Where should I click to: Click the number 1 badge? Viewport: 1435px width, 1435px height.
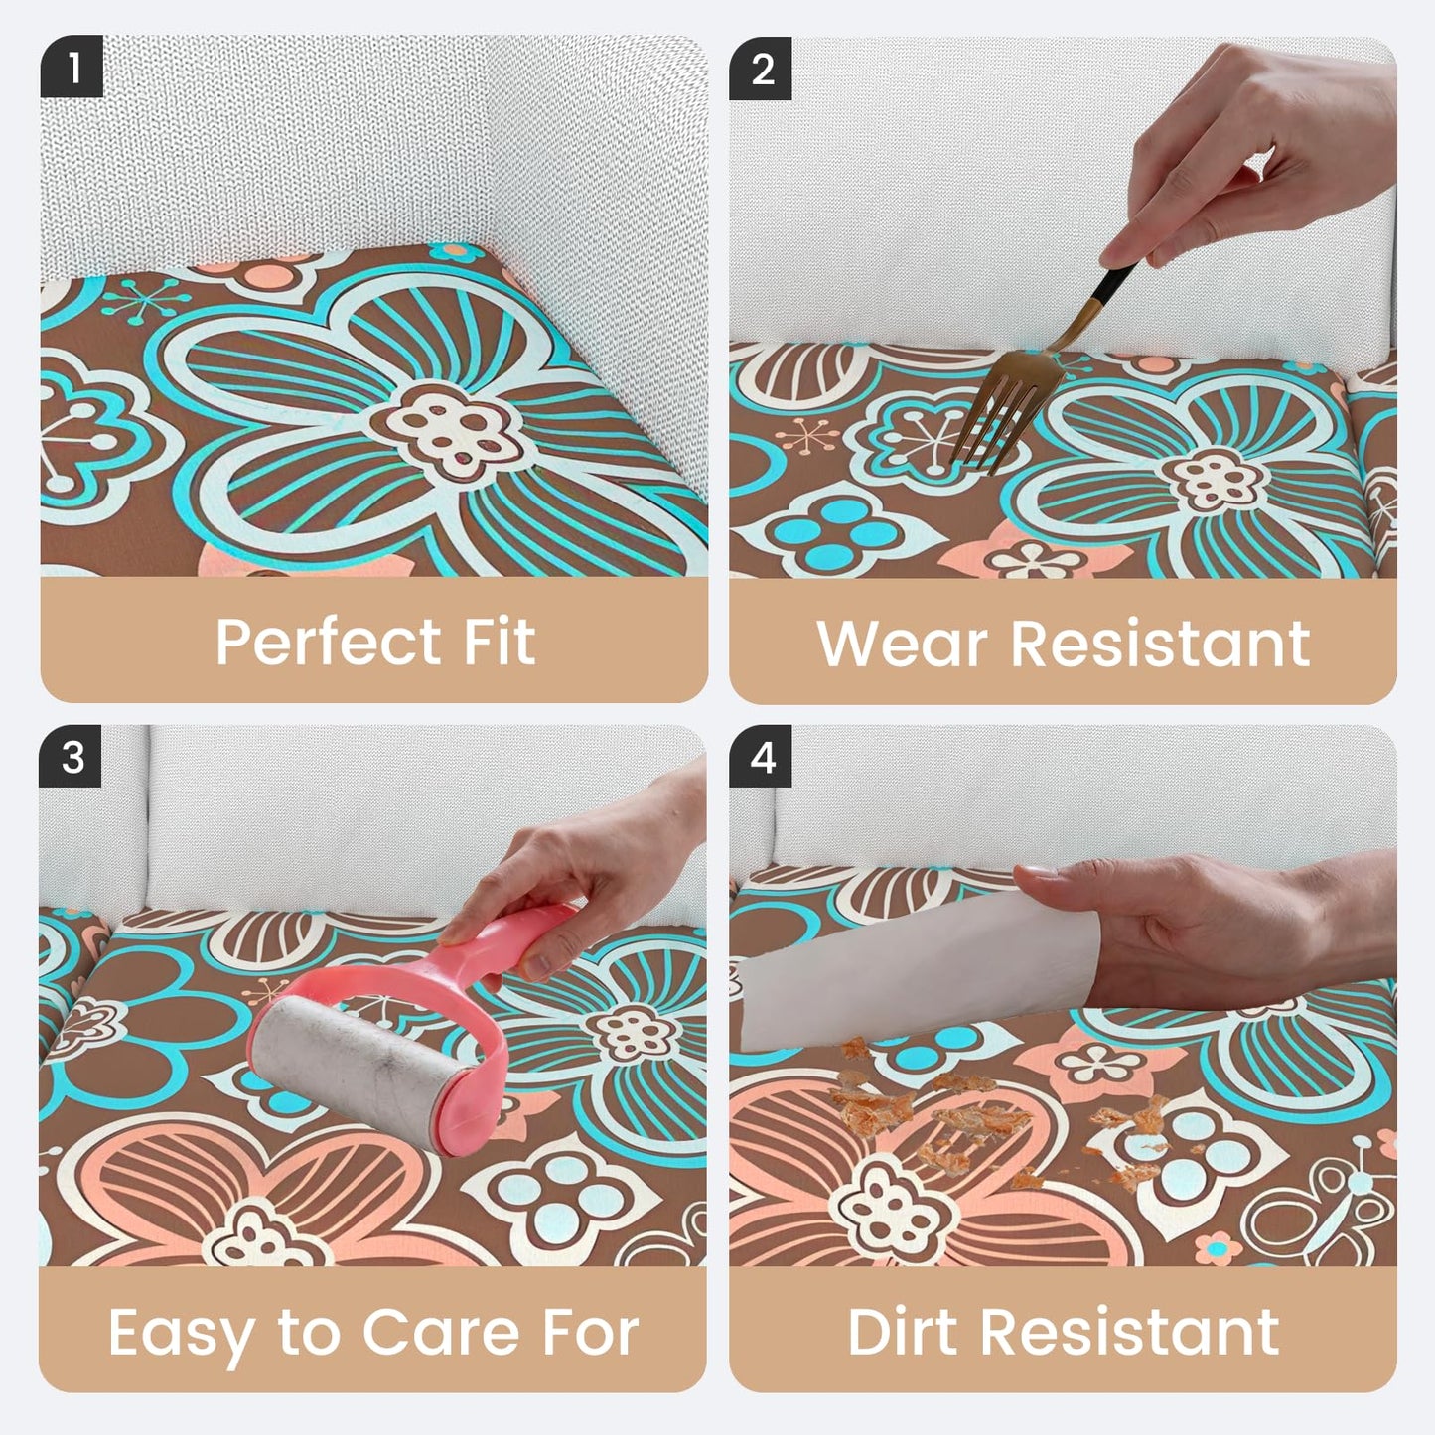(x=72, y=67)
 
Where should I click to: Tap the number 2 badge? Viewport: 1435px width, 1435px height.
(x=761, y=69)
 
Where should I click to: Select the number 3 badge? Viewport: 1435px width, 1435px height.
(x=71, y=757)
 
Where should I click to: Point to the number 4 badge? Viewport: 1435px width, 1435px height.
(x=761, y=757)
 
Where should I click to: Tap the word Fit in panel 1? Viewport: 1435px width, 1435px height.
(x=499, y=641)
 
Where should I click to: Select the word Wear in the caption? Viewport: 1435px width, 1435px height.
(x=902, y=644)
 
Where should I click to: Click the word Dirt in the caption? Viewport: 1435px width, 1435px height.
(x=902, y=1333)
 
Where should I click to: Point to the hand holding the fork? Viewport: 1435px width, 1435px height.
(x=1251, y=149)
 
